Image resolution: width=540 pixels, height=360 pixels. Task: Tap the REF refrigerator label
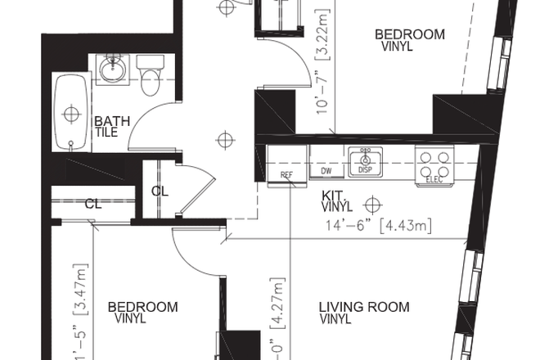[x=286, y=175]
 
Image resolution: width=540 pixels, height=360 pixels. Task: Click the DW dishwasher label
[x=326, y=171]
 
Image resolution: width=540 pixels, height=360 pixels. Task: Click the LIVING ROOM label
[x=363, y=308]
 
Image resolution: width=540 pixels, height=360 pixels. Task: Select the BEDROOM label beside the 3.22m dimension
[x=409, y=34]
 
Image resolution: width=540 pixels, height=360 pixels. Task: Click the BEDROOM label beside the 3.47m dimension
[x=142, y=308]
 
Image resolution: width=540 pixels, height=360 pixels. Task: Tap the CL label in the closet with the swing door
[x=159, y=191]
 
